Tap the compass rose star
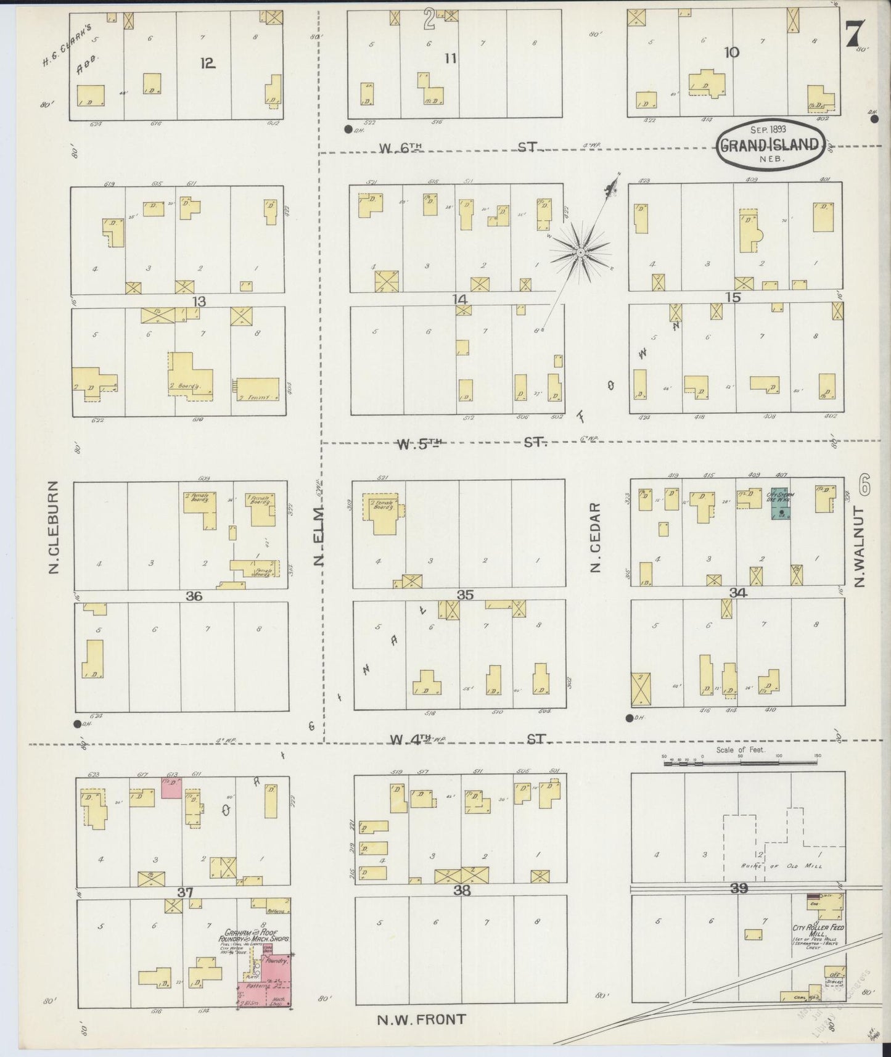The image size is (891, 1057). (580, 252)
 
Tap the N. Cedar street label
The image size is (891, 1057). (595, 537)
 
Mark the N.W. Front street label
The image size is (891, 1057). (421, 1019)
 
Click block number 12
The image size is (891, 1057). (207, 62)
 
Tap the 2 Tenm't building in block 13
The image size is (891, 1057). (256, 390)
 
